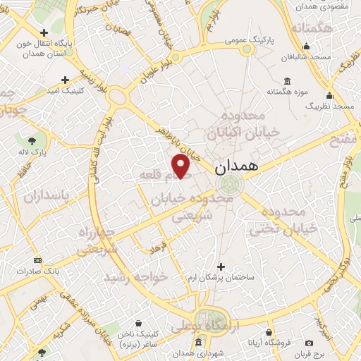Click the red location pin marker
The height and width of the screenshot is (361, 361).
pyautogui.click(x=181, y=166)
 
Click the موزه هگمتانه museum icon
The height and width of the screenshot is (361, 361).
pyautogui.click(x=287, y=80)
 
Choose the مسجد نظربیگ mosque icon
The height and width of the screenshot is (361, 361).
pyautogui.click(x=329, y=94)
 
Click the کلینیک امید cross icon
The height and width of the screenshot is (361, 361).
pyautogui.click(x=65, y=80)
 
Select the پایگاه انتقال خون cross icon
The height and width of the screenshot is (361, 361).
pyautogui.click(x=44, y=32)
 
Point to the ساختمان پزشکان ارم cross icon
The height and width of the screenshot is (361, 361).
pyautogui.click(x=221, y=267)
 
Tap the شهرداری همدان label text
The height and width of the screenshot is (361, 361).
pyautogui.click(x=177, y=353)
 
